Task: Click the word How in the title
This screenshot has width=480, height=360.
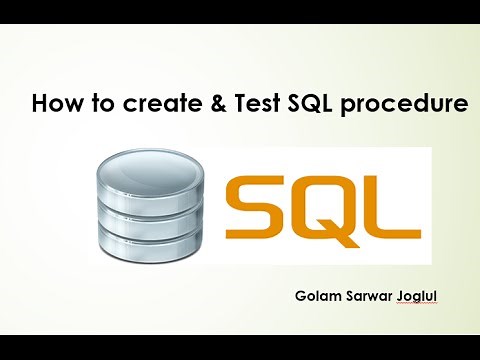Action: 55,103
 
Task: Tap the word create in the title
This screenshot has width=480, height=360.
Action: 142,103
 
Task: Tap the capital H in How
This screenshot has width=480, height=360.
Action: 41,103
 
